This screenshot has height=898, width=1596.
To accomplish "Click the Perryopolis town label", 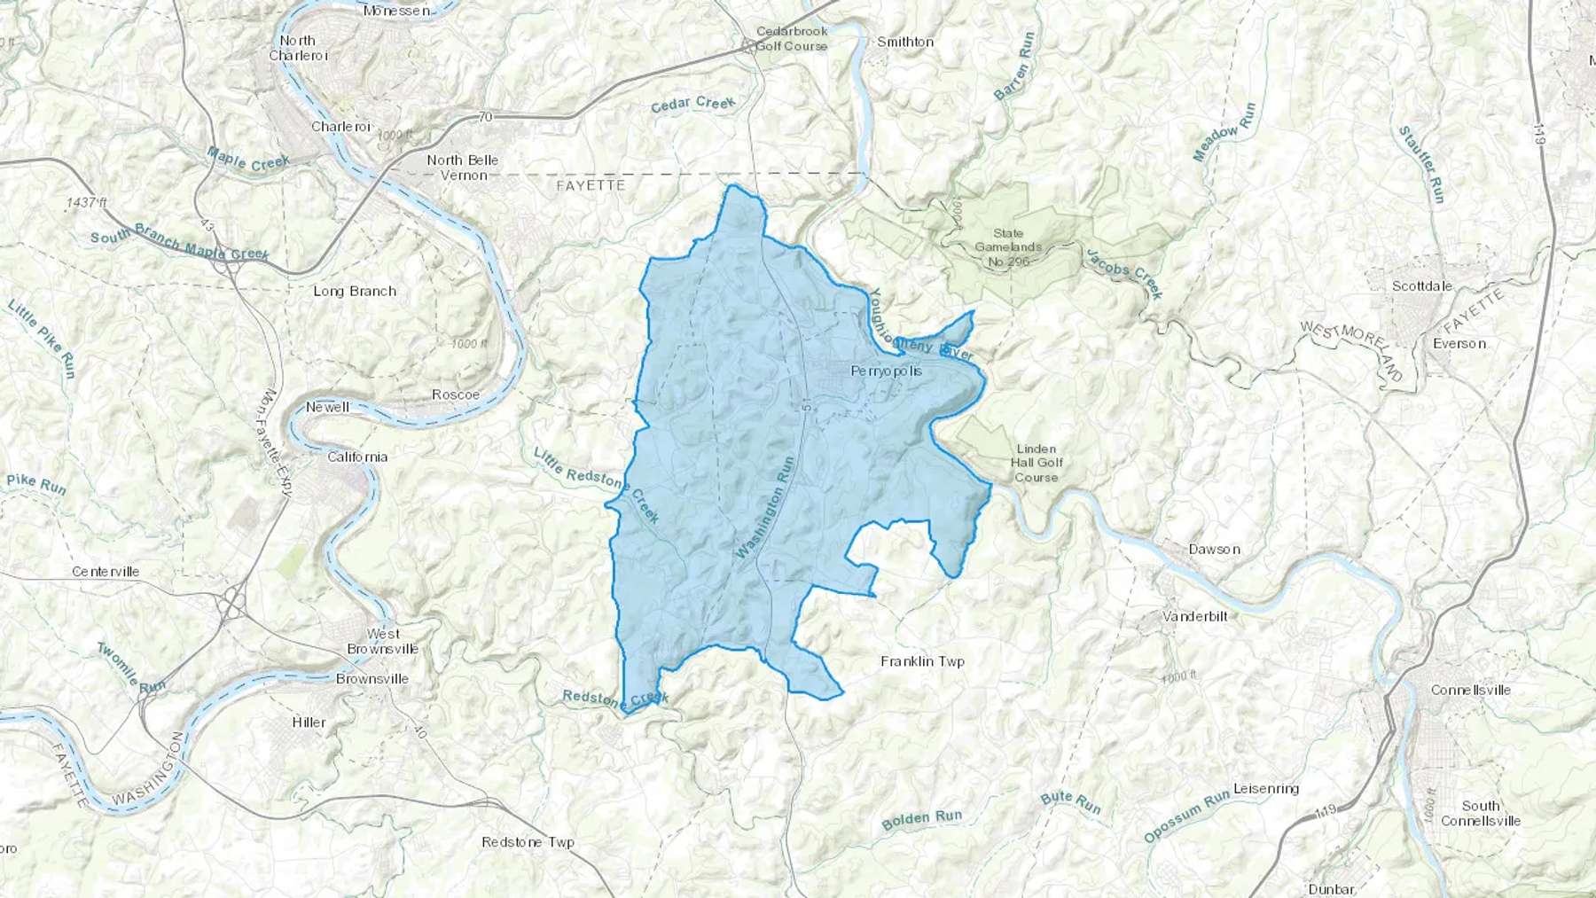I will tap(886, 371).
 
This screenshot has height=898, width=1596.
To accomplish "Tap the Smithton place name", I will tap(904, 42).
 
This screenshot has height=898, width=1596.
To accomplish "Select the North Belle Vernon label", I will tap(462, 168).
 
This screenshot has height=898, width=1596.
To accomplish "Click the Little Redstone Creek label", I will tap(596, 484).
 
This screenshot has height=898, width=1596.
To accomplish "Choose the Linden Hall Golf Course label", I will tap(1037, 462).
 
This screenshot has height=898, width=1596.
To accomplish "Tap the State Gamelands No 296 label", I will tap(1008, 247).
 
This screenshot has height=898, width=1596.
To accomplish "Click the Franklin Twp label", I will tap(922, 661).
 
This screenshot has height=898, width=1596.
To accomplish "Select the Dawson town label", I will tap(1214, 549).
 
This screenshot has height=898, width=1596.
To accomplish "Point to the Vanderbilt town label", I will tap(1195, 615).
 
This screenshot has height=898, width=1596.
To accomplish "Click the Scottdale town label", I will tap(1422, 285).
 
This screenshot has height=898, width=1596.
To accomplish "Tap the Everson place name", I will tap(1459, 343).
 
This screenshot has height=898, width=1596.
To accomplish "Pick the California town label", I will tap(357, 457).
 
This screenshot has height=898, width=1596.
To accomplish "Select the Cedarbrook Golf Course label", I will tap(791, 38).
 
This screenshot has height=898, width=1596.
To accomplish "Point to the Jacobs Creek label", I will tap(1123, 273).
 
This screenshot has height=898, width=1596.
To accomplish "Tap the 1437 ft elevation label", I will tap(86, 203).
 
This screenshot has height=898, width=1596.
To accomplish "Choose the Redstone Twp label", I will tap(528, 842).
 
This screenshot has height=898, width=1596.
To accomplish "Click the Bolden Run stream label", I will tap(921, 819).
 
